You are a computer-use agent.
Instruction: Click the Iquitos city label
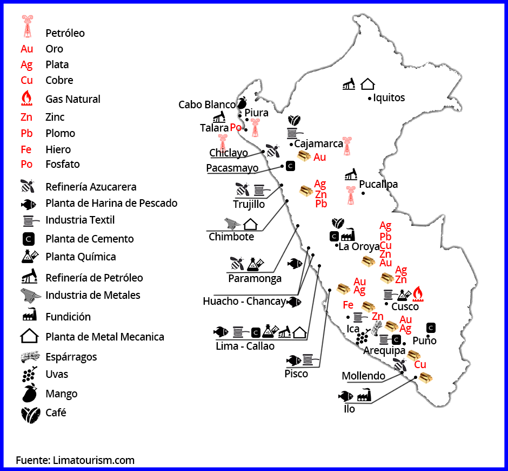point(389,98)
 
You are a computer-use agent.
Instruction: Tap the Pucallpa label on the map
point(378,184)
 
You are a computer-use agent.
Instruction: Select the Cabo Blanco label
point(207,104)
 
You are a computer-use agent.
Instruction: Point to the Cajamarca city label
point(318,144)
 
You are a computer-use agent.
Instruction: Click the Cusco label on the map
point(405,307)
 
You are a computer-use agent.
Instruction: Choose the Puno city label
point(424,341)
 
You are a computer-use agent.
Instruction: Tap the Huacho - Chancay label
point(244,301)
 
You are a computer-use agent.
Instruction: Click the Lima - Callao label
point(245,346)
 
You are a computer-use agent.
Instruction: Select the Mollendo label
point(364,376)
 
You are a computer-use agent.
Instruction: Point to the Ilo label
point(350,409)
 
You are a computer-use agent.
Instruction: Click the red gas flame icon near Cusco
point(418,294)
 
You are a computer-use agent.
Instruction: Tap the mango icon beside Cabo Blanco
point(243,102)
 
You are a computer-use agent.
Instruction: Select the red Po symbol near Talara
point(236,127)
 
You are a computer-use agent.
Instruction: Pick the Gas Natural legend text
point(73,99)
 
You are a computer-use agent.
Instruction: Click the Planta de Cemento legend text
point(90,239)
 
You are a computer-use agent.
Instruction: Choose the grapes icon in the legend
point(29,374)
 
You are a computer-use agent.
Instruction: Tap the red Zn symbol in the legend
point(26,117)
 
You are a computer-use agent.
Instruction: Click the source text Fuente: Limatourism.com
point(75,460)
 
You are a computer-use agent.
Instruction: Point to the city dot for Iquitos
point(370,98)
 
